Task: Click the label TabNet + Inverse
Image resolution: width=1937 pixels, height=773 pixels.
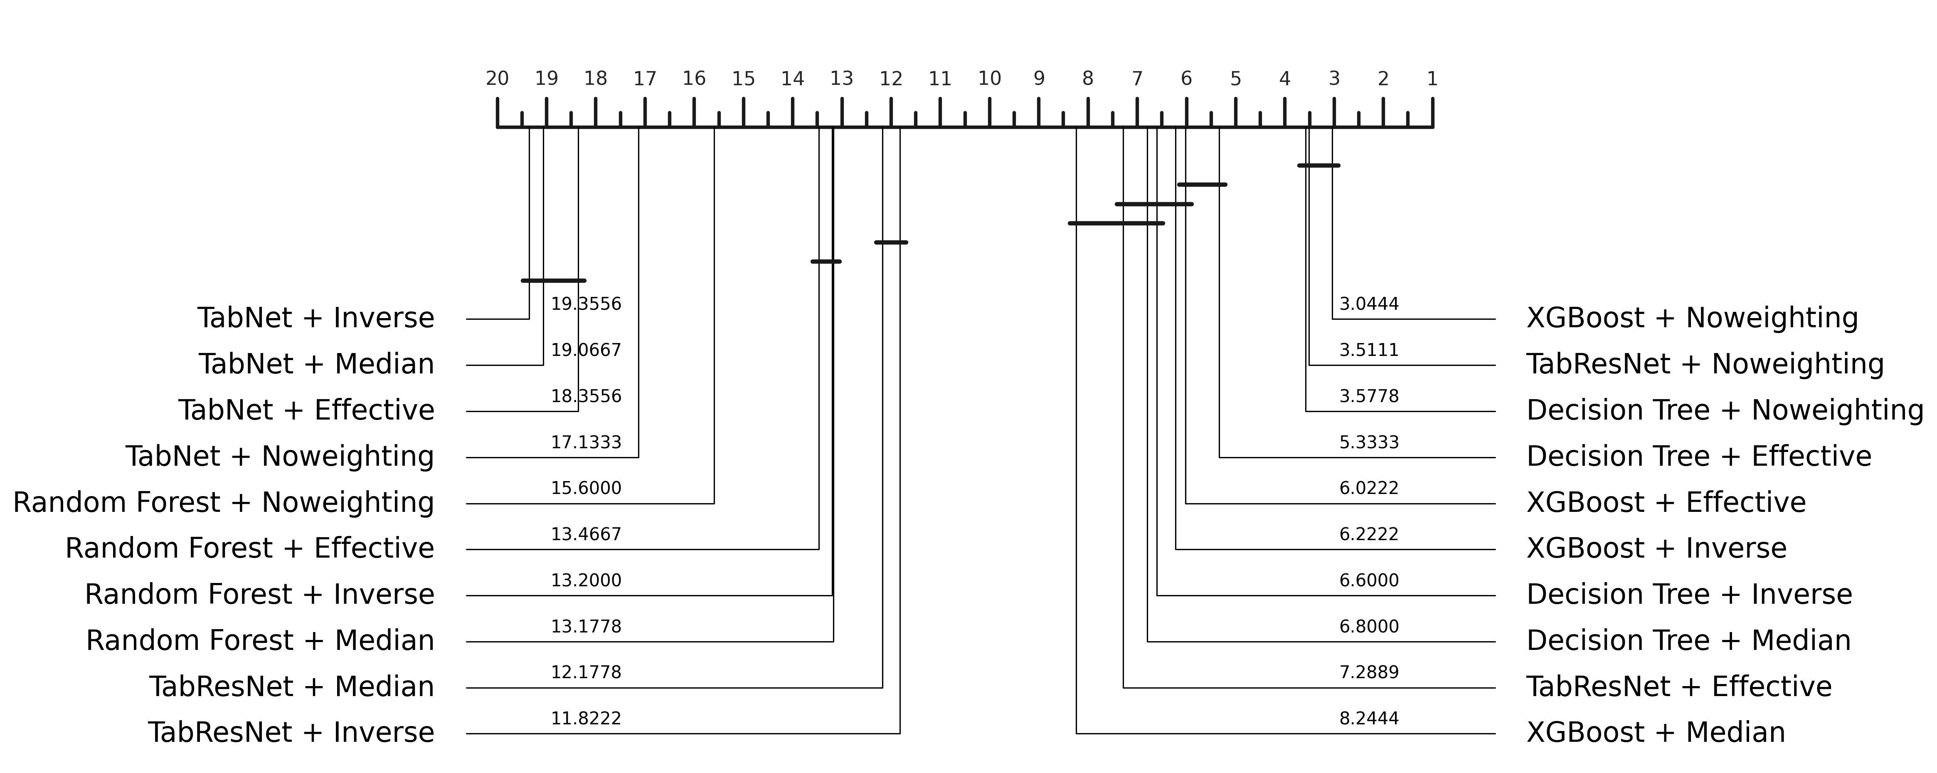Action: (316, 318)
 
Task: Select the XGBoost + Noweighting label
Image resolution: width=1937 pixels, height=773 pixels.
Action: (1692, 318)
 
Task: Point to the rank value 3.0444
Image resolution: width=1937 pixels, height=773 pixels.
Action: (1368, 304)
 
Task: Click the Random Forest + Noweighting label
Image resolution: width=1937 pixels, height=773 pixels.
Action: (223, 502)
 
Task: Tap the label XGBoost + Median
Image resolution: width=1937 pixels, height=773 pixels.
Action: (1655, 732)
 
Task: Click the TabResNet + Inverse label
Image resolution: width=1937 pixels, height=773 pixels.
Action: (291, 732)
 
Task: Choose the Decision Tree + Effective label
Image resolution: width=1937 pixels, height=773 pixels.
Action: (1699, 457)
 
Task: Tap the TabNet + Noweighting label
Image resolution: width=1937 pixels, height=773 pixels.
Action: (280, 457)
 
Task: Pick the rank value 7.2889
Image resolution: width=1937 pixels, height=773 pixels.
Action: (1368, 673)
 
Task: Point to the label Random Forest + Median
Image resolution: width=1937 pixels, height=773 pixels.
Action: (260, 641)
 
